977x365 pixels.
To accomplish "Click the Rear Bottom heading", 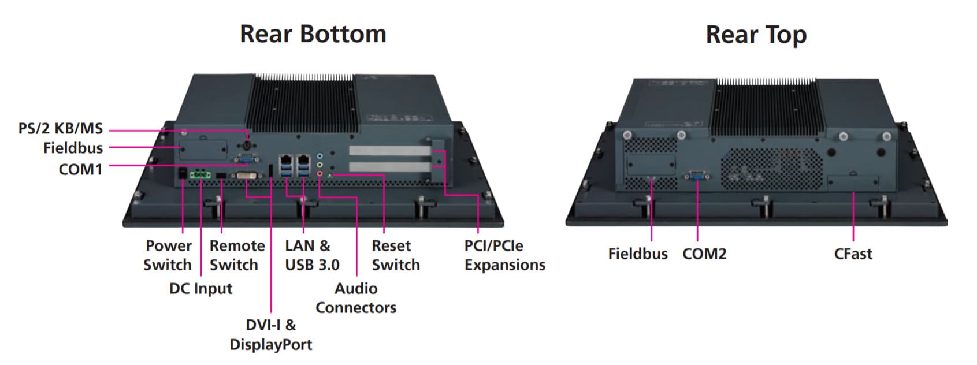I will pyautogui.click(x=313, y=34).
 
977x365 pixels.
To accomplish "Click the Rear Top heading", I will pyautogui.click(x=756, y=35).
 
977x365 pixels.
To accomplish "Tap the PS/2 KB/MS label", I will pyautogui.click(x=60, y=128).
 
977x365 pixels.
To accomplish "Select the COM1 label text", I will pyautogui.click(x=80, y=169).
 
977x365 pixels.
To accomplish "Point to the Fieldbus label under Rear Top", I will pyautogui.click(x=637, y=254).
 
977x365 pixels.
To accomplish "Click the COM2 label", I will pyautogui.click(x=704, y=254).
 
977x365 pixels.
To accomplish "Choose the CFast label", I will pyautogui.click(x=853, y=254).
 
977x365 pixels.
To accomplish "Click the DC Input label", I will pyautogui.click(x=200, y=289).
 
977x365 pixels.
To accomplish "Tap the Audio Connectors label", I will pyautogui.click(x=356, y=298).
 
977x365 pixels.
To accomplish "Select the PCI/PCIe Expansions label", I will pyautogui.click(x=504, y=255).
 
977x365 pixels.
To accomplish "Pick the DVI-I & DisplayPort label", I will pyautogui.click(x=270, y=335).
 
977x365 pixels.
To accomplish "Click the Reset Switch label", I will pyautogui.click(x=395, y=255).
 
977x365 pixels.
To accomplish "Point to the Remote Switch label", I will pyautogui.click(x=237, y=255).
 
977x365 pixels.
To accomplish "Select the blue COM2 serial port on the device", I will pyautogui.click(x=697, y=175).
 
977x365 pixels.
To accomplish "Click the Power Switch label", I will pyautogui.click(x=168, y=255).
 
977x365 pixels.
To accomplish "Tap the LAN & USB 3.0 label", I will pyautogui.click(x=311, y=255).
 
